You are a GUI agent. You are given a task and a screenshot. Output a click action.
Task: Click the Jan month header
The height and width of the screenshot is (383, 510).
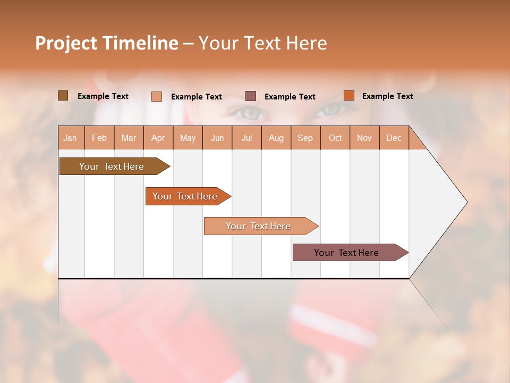click(x=70, y=138)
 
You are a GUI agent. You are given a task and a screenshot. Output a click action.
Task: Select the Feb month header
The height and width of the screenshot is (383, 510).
click(x=99, y=138)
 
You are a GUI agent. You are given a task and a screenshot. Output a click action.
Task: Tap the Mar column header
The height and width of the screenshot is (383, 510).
click(x=129, y=138)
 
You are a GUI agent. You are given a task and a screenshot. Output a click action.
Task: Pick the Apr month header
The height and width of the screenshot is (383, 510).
click(x=158, y=138)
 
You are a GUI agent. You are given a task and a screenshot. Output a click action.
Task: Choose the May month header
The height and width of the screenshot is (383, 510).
click(x=188, y=138)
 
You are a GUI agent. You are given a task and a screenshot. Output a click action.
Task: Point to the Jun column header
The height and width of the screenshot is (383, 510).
click(x=217, y=138)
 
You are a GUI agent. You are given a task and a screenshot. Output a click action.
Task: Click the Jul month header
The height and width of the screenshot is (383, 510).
click(x=246, y=138)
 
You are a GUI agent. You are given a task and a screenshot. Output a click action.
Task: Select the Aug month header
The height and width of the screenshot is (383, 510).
click(x=276, y=138)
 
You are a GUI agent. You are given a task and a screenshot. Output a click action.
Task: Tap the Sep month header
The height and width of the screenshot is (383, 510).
click(x=305, y=138)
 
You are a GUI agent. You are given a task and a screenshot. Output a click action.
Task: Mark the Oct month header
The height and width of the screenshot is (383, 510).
click(x=335, y=138)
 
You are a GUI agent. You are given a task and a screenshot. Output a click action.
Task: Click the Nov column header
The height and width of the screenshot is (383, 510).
click(x=364, y=138)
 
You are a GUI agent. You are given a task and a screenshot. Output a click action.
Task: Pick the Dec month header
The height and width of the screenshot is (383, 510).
click(x=394, y=138)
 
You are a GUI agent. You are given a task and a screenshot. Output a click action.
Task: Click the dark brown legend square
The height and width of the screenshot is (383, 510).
click(x=63, y=96)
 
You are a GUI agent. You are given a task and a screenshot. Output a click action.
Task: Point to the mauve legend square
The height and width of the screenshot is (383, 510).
click(x=251, y=96)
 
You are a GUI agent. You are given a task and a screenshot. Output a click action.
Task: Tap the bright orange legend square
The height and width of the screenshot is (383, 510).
click(x=348, y=96)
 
